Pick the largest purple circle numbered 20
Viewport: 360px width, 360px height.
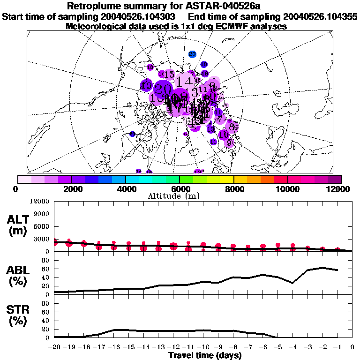[x=164, y=89]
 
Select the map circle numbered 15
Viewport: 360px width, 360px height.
[x=169, y=75]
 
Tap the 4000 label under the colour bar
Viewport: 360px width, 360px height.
[x=125, y=189]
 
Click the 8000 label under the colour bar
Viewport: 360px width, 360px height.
[x=233, y=189]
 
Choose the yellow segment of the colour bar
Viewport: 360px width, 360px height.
[x=227, y=179]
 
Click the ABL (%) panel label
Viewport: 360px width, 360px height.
[x=19, y=275]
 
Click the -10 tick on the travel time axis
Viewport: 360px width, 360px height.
[x=203, y=347]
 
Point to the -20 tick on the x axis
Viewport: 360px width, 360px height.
[x=54, y=347]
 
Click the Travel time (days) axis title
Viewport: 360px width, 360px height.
[x=204, y=355]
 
